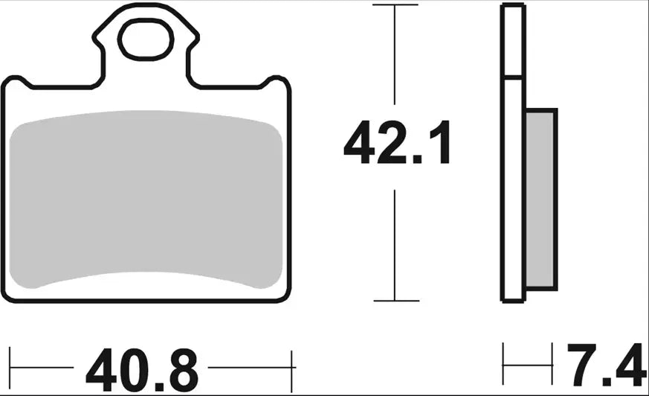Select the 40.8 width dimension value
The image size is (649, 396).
coord(142,368)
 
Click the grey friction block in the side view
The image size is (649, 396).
coord(540,199)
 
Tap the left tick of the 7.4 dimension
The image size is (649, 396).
coord(503,364)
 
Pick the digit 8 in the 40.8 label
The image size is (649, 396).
coord(182,368)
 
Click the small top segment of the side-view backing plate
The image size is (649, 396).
coord(513,41)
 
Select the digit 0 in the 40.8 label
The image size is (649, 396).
coord(132,368)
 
